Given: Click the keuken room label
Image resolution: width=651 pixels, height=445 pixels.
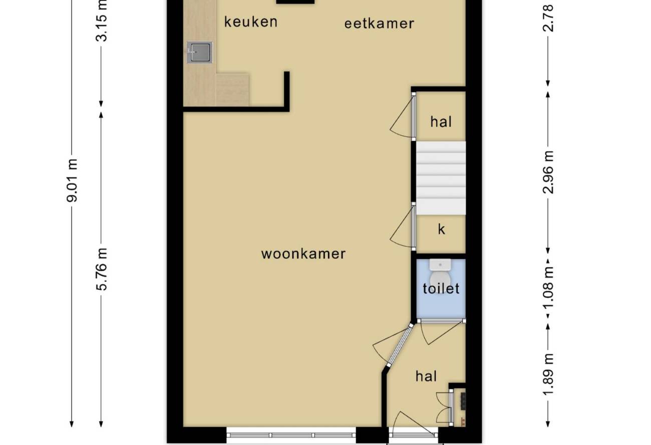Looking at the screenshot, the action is point(251,22).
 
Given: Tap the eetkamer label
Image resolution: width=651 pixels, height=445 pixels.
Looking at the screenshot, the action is point(379,24).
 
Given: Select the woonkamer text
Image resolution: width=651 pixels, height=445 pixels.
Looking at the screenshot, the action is point(303,254).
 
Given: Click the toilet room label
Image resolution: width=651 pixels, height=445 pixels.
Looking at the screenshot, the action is point(441,288).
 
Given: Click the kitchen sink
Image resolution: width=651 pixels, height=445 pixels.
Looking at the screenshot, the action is point(200,52).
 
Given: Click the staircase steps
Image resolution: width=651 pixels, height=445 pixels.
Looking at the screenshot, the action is point(441,178).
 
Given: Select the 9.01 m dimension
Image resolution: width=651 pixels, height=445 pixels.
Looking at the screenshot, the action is point(72,180).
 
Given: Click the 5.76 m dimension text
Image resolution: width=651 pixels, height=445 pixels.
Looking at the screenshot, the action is point(102,269).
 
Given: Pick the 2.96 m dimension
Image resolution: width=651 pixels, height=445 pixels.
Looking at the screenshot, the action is point(548,172).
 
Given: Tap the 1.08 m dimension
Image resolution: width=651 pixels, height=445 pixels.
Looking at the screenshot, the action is point(548,288).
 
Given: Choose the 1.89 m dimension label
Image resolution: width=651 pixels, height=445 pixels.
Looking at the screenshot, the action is point(548,374).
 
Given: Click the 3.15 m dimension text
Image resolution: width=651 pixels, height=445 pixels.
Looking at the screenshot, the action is point(102,21).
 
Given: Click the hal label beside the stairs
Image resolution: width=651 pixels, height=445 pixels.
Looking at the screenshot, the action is point(441,122).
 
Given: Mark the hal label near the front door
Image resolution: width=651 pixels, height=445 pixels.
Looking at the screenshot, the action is point(426,376).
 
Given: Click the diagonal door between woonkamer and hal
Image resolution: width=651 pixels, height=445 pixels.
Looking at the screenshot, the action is point(400,345).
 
